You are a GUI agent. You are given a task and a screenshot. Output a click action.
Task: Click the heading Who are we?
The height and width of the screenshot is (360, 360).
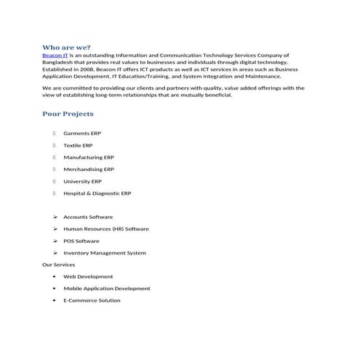tap(67, 47)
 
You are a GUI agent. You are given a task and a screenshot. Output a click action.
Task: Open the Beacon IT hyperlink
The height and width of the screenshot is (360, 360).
tap(55, 55)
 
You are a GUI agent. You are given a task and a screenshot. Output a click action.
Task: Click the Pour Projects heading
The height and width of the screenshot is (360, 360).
tap(68, 114)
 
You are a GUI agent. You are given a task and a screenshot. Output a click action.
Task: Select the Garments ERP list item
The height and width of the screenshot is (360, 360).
tap(81, 133)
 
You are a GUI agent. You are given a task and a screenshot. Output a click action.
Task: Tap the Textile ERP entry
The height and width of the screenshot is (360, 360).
tap(78, 145)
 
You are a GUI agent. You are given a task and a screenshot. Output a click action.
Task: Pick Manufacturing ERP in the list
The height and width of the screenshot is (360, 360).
tap(88, 157)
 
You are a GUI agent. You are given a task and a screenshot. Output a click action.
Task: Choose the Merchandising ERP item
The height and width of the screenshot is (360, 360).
tap(89, 169)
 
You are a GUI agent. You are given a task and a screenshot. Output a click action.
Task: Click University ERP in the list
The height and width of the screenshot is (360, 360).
tap(82, 181)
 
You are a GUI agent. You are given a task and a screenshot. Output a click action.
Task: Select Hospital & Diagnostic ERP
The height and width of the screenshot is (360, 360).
tap(97, 193)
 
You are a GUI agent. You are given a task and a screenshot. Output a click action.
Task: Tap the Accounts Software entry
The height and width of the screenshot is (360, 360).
tap(88, 217)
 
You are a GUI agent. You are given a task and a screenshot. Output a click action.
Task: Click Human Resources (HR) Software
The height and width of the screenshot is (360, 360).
tap(105, 229)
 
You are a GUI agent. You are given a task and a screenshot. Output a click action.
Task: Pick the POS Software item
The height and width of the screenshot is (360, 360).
tap(81, 241)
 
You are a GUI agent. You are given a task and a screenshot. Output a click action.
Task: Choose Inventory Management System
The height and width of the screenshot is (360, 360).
tap(105, 253)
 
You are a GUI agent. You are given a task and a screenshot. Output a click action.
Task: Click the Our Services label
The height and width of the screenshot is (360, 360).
tap(58, 265)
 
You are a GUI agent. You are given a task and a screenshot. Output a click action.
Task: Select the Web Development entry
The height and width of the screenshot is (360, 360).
tap(88, 276)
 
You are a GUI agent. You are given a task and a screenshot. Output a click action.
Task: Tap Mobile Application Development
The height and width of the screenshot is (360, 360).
tap(107, 289)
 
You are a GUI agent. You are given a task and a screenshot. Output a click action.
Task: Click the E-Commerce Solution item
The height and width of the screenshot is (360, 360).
tap(92, 300)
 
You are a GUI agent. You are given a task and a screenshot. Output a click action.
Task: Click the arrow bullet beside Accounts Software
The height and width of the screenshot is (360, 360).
tap(55, 217)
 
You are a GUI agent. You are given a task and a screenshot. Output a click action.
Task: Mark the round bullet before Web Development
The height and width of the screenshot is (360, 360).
tap(55, 277)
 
